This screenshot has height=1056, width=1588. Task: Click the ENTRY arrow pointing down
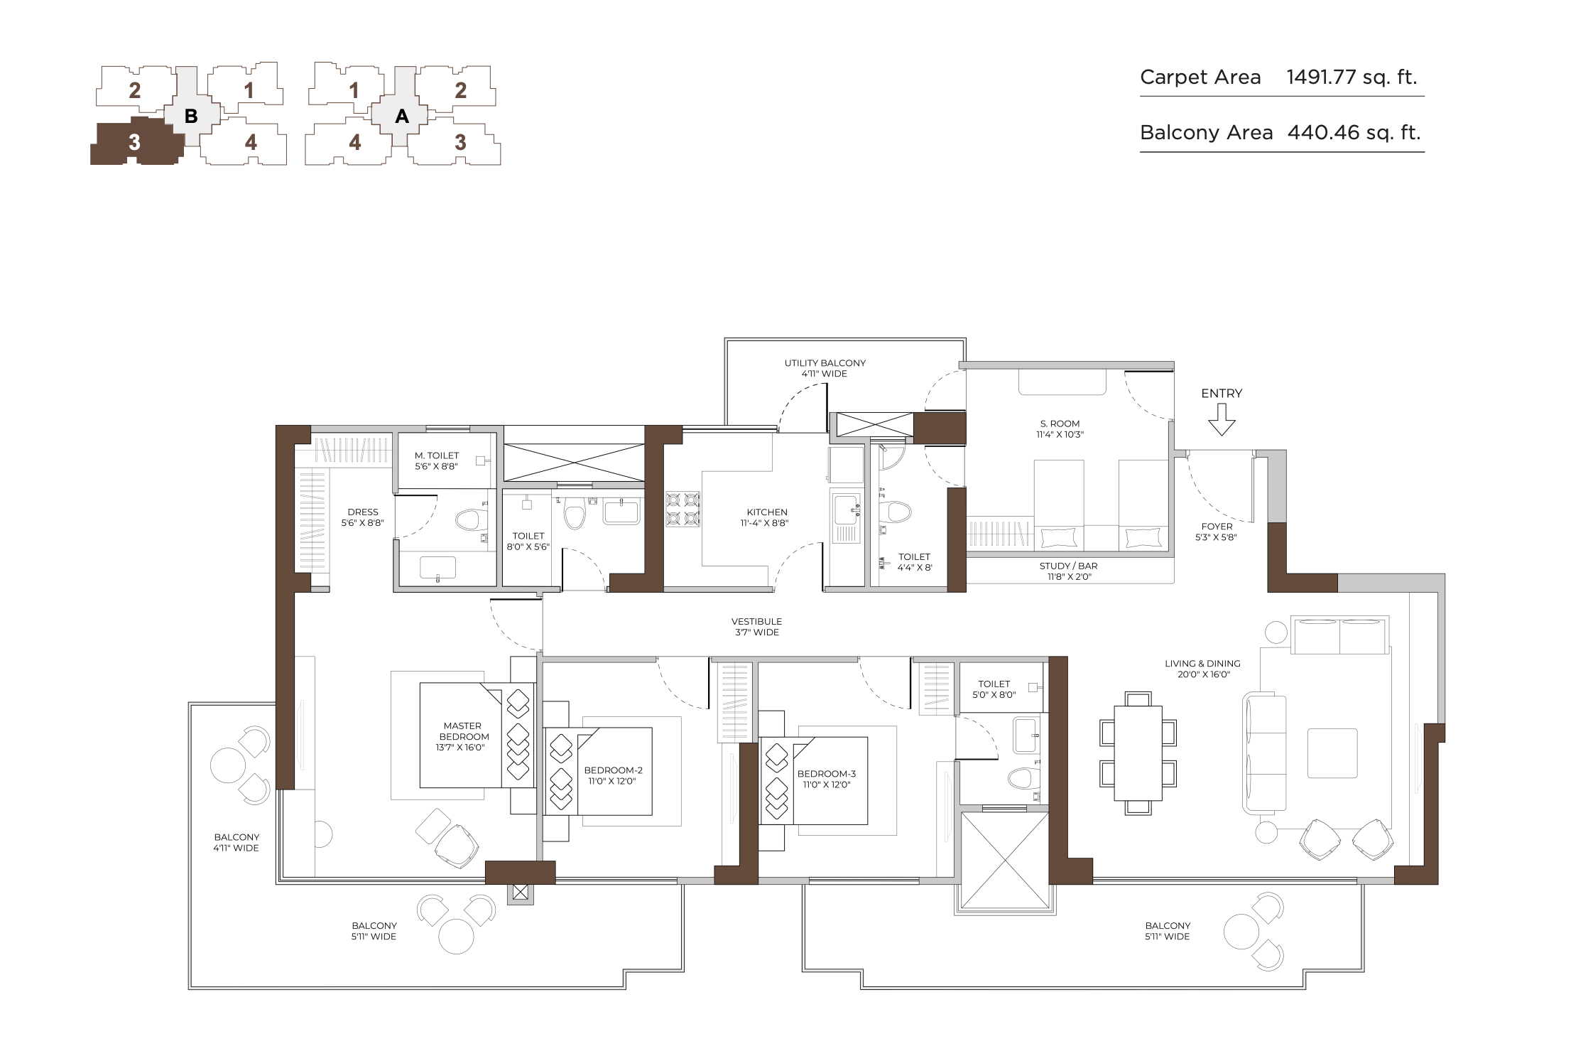click(x=1222, y=419)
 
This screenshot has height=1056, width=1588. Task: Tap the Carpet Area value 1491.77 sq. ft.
click(x=1352, y=77)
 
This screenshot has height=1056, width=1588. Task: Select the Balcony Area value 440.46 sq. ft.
click(x=1354, y=133)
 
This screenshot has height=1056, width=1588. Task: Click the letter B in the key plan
click(x=191, y=116)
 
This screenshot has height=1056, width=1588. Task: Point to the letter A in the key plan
click(x=402, y=116)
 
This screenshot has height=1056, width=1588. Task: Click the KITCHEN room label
click(x=767, y=512)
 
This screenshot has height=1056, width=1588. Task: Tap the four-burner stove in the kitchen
click(x=682, y=509)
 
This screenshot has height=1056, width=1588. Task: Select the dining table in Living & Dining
click(x=1138, y=753)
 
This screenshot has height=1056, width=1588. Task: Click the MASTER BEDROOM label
click(x=463, y=731)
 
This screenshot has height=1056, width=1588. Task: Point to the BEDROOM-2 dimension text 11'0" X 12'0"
click(x=612, y=782)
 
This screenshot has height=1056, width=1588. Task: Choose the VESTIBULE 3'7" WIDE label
click(x=757, y=627)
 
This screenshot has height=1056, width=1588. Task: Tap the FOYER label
click(x=1217, y=527)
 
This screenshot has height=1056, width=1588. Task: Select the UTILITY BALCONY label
click(x=825, y=363)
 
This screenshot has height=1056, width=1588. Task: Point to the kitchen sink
click(x=846, y=518)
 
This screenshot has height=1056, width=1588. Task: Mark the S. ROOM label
click(x=1060, y=424)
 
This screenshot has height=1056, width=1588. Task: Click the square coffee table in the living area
click(x=1332, y=753)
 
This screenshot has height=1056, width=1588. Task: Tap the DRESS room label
click(x=363, y=512)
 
